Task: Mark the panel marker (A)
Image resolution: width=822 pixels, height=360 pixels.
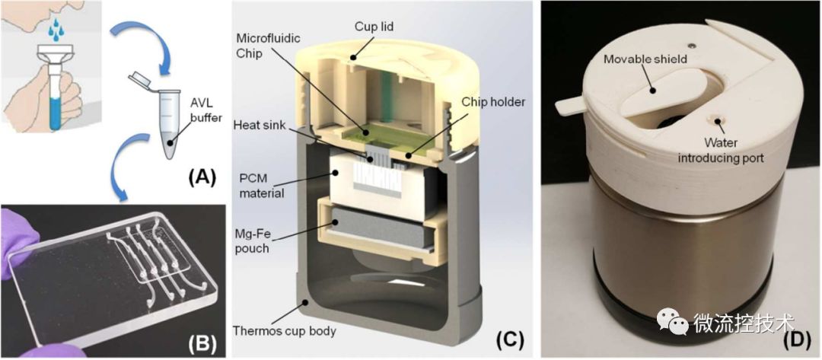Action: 201,180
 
